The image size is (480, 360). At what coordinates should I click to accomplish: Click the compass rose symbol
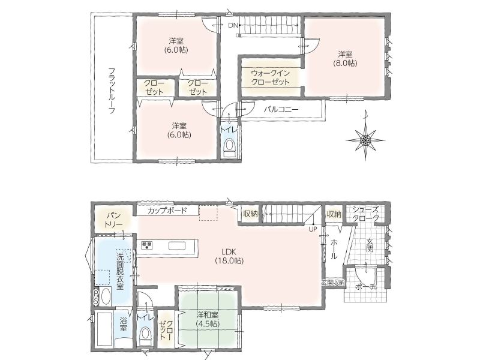[x=365, y=140]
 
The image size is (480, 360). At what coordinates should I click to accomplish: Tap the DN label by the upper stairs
[x=233, y=25]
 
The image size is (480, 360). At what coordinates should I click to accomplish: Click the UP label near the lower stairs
[x=313, y=229]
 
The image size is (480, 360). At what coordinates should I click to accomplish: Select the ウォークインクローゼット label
[x=270, y=78]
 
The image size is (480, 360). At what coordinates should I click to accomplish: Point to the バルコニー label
[x=281, y=109]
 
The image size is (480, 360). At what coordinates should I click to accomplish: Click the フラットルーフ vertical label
[x=112, y=91]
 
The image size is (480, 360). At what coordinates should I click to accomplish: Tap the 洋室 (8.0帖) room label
[x=345, y=59]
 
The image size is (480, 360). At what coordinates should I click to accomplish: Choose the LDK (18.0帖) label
[x=229, y=257]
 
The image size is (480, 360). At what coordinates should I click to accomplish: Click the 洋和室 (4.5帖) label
[x=208, y=319]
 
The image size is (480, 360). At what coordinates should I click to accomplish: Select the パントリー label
[x=113, y=219]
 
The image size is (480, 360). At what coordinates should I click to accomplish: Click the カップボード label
[x=167, y=211]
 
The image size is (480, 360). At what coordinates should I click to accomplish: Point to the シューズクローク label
[x=365, y=214]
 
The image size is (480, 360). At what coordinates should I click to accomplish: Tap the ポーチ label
[x=366, y=287]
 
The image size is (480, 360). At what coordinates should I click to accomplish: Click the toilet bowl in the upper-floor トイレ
[x=229, y=148]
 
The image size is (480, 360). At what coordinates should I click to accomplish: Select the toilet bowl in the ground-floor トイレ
[x=145, y=336]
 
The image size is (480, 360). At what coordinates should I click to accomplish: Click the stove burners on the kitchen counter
[x=146, y=245]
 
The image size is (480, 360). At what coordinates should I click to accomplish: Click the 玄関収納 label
[x=334, y=282]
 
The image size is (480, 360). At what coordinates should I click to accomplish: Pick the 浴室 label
[x=123, y=325]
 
